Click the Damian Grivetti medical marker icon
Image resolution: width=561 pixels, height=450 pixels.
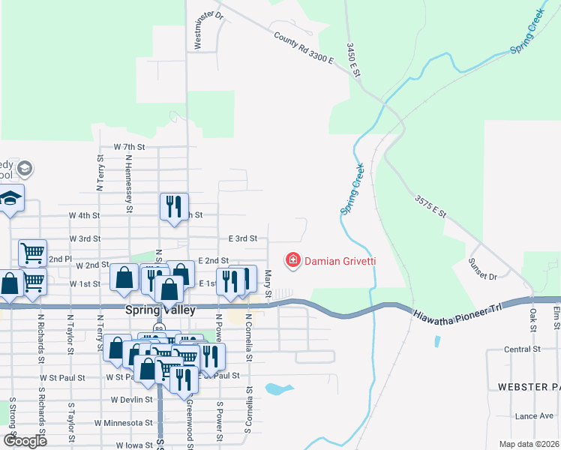click(292, 261)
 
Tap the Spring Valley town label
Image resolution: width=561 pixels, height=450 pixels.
click(160, 310)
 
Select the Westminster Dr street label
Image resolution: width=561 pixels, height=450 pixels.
click(199, 30)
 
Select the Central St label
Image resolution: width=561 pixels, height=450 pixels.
click(522, 349)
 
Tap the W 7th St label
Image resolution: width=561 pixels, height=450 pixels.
click(128, 147)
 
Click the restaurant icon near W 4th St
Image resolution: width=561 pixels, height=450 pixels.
click(174, 206)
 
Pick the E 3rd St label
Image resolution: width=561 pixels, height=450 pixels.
click(243, 238)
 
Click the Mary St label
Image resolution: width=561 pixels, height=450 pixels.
click(268, 283)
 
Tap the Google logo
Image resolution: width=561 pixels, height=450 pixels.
click(25, 441)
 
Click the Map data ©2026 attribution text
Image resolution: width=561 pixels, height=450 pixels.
click(529, 444)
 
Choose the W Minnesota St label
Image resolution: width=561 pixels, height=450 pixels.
click(124, 423)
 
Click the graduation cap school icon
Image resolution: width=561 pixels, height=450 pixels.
click(10, 199)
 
